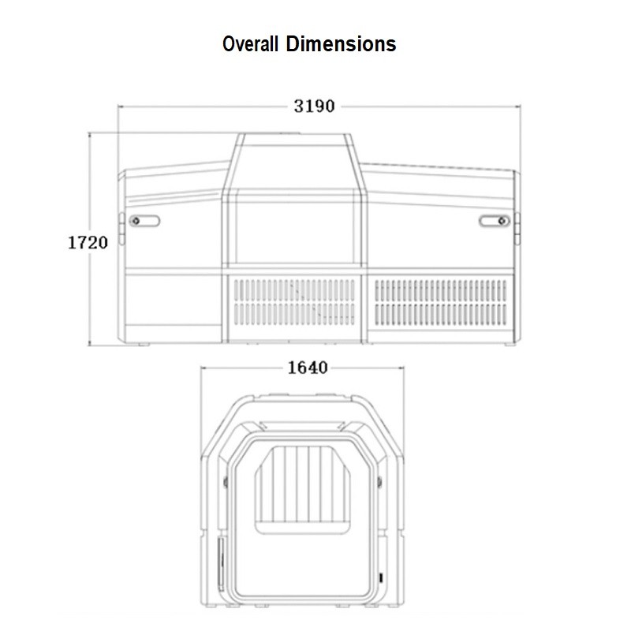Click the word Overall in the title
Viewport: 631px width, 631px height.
click(250, 43)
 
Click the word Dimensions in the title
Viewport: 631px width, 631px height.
click(341, 43)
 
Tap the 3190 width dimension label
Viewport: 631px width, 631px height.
click(314, 106)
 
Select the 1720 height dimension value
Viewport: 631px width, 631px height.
click(88, 243)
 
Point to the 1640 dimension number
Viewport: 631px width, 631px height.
click(308, 368)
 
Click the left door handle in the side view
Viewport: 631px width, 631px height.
click(144, 221)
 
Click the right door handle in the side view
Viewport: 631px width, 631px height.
click(495, 221)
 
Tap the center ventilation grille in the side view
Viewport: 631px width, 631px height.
click(294, 302)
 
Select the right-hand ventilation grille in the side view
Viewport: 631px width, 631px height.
click(441, 303)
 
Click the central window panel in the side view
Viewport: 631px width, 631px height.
click(294, 232)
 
